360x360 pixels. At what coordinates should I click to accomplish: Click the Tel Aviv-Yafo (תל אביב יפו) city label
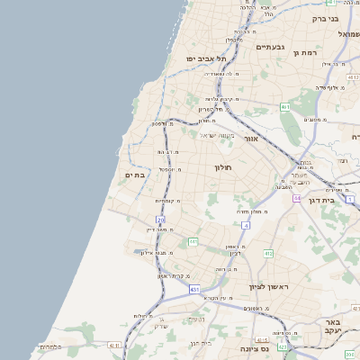click(x=202, y=58)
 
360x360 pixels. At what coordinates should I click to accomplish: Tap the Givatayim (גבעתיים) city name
click(x=270, y=47)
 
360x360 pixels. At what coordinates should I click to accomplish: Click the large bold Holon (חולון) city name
click(x=223, y=168)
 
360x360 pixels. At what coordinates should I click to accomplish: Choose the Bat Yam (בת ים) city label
click(x=135, y=175)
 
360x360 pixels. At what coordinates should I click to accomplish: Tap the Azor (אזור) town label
click(x=249, y=139)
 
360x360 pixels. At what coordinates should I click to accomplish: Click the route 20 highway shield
click(x=160, y=220)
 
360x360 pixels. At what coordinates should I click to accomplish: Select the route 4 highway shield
click(x=245, y=225)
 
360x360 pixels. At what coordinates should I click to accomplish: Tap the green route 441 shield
click(x=193, y=241)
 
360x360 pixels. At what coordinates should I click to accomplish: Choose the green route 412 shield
click(x=268, y=254)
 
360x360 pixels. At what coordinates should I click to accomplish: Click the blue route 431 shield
click(x=195, y=290)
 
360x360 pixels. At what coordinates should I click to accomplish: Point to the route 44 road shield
click(x=296, y=198)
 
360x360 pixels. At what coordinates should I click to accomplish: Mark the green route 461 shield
click(x=285, y=106)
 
